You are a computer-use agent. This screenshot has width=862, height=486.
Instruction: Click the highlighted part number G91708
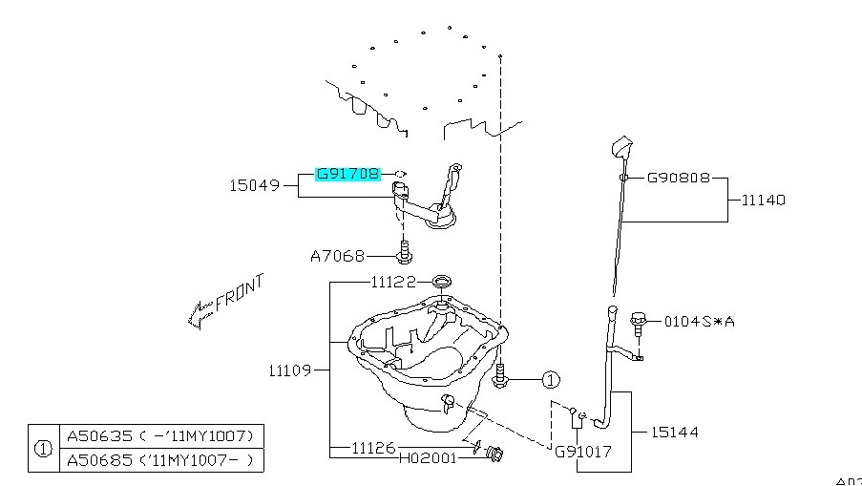tap(348, 175)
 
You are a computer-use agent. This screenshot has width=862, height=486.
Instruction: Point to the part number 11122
tap(394, 283)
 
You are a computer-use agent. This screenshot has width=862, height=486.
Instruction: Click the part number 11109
tap(290, 369)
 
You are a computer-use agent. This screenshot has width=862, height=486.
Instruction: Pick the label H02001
tap(427, 457)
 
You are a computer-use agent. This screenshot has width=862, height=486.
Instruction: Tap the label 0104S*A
tap(700, 321)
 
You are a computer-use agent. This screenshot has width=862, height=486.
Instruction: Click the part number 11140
tap(764, 201)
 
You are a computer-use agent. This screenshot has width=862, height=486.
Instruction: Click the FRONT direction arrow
tap(199, 309)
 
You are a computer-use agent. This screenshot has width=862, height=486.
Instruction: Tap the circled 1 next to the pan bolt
tap(551, 380)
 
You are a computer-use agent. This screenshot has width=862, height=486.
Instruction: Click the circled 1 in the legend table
tap(43, 449)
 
